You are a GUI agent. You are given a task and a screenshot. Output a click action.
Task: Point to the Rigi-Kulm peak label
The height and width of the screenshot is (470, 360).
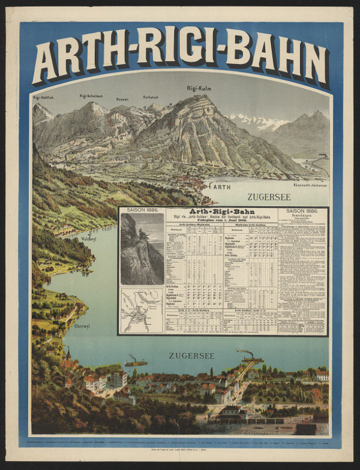click(x=199, y=89)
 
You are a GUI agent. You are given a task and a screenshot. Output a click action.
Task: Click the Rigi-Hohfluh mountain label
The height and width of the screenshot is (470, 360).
click(x=44, y=97)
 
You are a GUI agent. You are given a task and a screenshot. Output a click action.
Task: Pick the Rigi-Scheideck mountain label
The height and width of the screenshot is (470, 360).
click(x=91, y=95)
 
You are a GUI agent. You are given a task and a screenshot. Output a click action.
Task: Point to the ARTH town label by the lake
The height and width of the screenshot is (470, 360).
click(x=222, y=187)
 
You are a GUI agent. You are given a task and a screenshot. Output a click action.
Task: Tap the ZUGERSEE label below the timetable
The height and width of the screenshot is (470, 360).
click(x=191, y=355)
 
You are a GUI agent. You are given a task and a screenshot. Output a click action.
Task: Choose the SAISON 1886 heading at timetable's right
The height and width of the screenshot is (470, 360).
click(x=302, y=211)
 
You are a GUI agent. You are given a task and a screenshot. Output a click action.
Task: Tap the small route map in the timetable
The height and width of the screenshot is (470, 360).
click(x=142, y=311)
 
